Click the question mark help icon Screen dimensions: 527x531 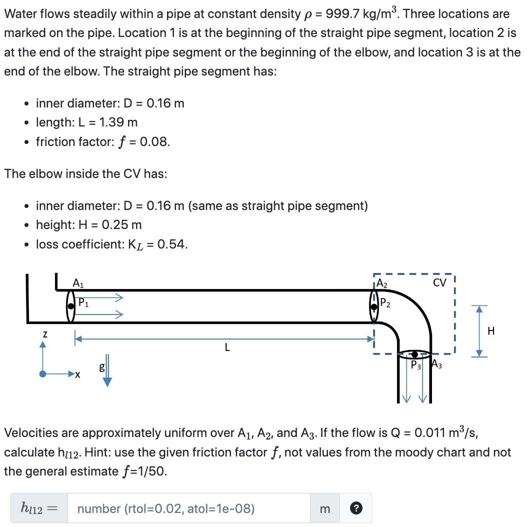tap(356, 509)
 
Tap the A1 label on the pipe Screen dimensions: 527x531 tap(78, 282)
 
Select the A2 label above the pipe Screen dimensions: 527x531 tap(381, 283)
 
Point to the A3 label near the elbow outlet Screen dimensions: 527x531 tap(437, 364)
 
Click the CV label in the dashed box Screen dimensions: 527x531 tap(439, 283)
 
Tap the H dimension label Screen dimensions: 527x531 tap(491, 330)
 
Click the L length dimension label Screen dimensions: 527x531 tap(227, 347)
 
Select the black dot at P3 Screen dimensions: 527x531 tap(414, 354)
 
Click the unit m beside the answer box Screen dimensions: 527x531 tap(324, 509)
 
